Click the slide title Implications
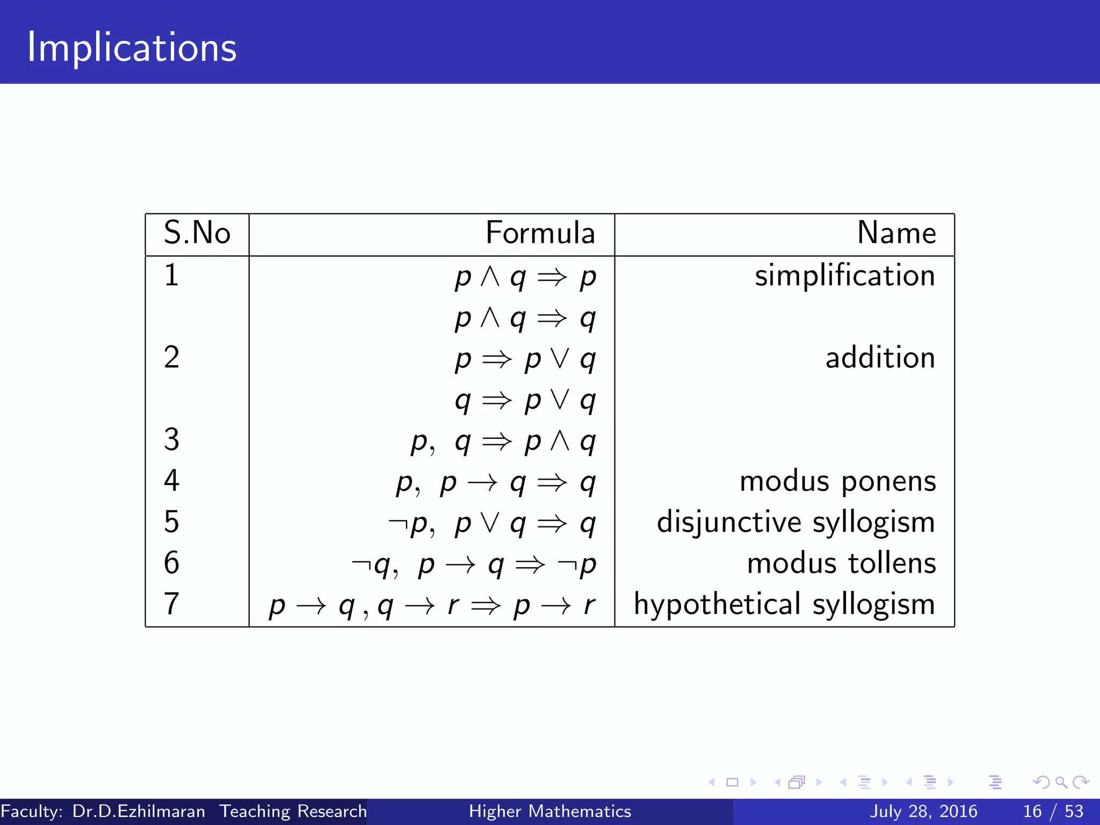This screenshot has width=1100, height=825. [132, 47]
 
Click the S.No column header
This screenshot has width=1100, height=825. [197, 233]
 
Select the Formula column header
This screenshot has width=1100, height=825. [540, 233]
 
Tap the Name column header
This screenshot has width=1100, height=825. [896, 233]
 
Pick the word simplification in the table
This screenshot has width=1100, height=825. [844, 276]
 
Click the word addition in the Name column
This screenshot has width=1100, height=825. [880, 358]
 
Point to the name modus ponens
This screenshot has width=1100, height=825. [837, 481]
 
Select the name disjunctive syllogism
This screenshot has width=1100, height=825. [795, 522]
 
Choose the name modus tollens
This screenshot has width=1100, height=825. [841, 563]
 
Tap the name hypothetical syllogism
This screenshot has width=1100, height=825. [784, 604]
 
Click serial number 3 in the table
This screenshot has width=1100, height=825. [171, 439]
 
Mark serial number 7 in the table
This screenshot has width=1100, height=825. [171, 604]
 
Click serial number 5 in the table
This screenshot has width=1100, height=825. [171, 522]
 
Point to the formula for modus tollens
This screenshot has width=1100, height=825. [473, 565]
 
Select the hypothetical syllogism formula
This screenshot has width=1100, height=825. [432, 605]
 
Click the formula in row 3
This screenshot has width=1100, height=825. [503, 442]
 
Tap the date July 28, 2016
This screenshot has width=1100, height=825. [923, 811]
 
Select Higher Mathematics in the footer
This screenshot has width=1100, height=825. [550, 811]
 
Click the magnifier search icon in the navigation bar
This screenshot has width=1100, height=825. [1061, 782]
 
